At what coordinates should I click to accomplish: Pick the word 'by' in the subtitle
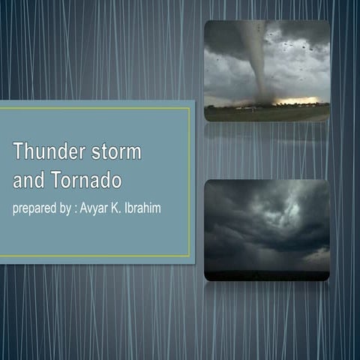73,207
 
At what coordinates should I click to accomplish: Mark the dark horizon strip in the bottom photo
266,275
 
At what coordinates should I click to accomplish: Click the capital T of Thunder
18,151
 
